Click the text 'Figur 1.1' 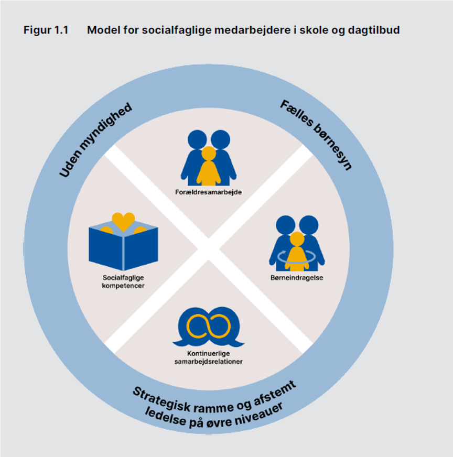[46, 30]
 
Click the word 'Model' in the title [103, 30]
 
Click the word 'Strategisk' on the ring [163, 399]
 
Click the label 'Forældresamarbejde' [208, 192]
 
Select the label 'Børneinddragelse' [297, 277]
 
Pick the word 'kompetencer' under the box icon [123, 286]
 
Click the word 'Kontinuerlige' [208, 354]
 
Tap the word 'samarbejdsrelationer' [208, 361]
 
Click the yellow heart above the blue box [124, 221]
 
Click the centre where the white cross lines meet [208, 249]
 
